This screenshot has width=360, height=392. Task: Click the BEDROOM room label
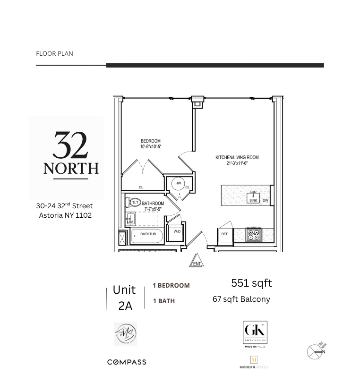pos(150,141)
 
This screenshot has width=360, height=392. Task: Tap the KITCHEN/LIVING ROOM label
pos(237,157)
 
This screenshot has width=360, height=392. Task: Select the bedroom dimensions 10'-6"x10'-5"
pos(150,147)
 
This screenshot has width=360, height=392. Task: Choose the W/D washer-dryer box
pos(177,231)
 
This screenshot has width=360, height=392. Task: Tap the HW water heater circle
pos(178,183)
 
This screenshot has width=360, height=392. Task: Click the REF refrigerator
pos(224,234)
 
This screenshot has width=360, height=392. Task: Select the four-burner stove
pos(254,235)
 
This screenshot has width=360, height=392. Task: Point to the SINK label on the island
pos(253,200)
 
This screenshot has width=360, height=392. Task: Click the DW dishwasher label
pos(265,201)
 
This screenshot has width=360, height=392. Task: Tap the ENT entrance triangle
pos(197,262)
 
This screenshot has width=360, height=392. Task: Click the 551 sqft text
pos(251,283)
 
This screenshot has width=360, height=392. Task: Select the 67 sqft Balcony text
pos(241,299)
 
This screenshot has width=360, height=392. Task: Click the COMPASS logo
pos(127,362)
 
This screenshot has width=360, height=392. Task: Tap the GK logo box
pos(255,332)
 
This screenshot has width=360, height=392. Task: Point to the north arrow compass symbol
pos(316,351)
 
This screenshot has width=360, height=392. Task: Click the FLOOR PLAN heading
pos(54,53)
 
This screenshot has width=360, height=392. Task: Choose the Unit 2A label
pos(125,298)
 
